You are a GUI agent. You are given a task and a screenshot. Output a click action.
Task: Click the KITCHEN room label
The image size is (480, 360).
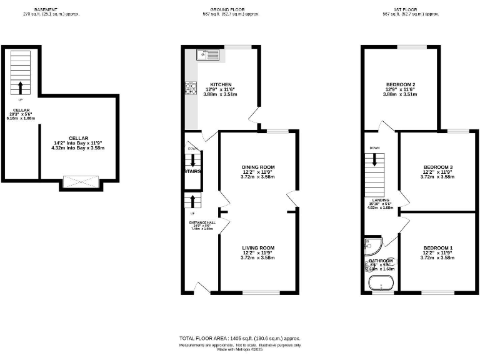221,85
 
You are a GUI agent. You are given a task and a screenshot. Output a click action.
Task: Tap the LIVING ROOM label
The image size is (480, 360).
258,248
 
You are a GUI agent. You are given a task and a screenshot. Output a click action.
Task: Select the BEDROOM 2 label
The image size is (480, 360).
401,85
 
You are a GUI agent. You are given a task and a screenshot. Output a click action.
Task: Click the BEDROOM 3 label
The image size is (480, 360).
437,167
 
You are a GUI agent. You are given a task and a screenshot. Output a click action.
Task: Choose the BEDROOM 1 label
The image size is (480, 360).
437,248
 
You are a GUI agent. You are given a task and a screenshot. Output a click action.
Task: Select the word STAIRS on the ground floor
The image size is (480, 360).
192,171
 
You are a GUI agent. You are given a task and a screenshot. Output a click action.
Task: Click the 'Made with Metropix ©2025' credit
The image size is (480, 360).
240,349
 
